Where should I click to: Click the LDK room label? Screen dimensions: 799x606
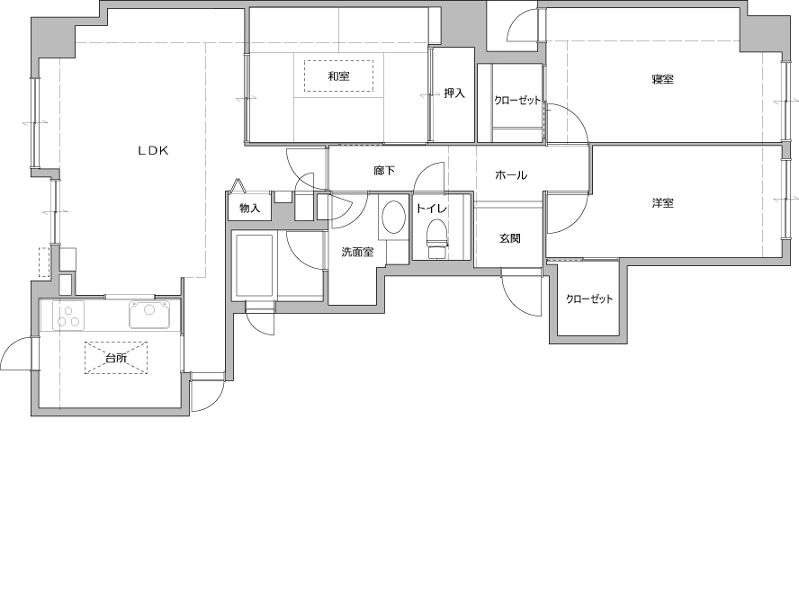pyautogui.click(x=153, y=151)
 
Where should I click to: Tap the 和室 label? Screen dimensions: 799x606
pyautogui.click(x=338, y=77)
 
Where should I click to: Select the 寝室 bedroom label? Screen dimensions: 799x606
pyautogui.click(x=662, y=79)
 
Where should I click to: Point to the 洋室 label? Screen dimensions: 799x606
pyautogui.click(x=662, y=203)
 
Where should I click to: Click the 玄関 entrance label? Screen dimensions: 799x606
pyautogui.click(x=509, y=238)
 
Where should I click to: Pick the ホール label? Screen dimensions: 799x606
pyautogui.click(x=511, y=175)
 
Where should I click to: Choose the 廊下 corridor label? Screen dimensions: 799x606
pyautogui.click(x=384, y=171)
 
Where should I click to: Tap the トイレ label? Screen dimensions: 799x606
pyautogui.click(x=432, y=209)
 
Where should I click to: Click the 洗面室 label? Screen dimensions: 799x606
pyautogui.click(x=357, y=252)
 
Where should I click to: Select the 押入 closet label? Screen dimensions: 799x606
pyautogui.click(x=454, y=94)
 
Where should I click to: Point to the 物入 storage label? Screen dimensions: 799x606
pyautogui.click(x=250, y=209)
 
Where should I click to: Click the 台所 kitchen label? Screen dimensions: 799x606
pyautogui.click(x=116, y=358)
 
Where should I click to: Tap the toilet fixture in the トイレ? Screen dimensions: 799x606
pyautogui.click(x=437, y=238)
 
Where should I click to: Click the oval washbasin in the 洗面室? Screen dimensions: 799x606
pyautogui.click(x=393, y=218)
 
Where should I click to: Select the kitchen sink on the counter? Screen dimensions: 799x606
pyautogui.click(x=149, y=314)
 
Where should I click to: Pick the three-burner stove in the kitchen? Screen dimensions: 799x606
pyautogui.click(x=69, y=315)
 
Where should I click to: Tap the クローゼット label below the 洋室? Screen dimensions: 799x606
pyautogui.click(x=589, y=299)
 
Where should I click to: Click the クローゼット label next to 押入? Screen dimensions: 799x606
pyautogui.click(x=516, y=101)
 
